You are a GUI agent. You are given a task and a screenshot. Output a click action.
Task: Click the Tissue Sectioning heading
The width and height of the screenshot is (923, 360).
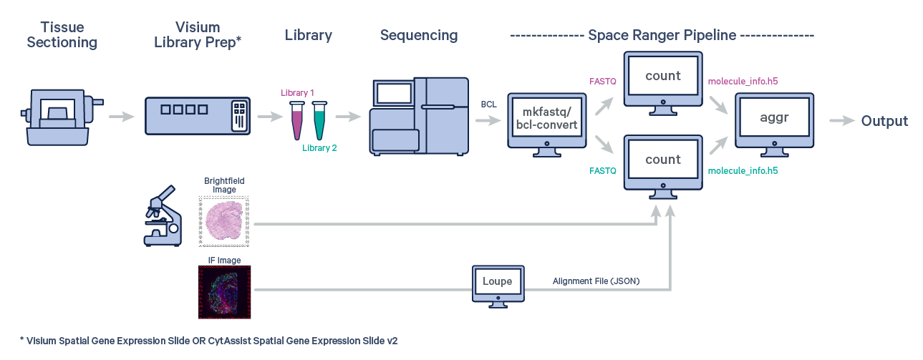coord(62,35)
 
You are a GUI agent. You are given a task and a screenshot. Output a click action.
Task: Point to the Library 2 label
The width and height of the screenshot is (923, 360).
coord(319,148)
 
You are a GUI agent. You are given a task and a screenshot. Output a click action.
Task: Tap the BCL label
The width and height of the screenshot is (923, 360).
coord(489,104)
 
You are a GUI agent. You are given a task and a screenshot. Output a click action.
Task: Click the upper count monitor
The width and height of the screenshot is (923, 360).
coord(662,79)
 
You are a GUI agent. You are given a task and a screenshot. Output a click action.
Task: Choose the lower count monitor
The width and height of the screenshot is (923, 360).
coord(662,162)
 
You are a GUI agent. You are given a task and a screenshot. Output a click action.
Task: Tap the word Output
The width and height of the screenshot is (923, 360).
coord(884,121)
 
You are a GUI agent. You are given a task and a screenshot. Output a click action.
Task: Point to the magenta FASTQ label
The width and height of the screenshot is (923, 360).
coord(602,82)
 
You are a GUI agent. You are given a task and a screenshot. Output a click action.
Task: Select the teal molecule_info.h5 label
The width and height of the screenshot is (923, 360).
coord(743,171)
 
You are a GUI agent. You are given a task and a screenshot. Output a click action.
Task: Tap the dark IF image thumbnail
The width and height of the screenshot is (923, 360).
coord(225,292)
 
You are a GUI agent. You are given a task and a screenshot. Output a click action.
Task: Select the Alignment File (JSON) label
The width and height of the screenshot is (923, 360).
coord(596,281)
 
